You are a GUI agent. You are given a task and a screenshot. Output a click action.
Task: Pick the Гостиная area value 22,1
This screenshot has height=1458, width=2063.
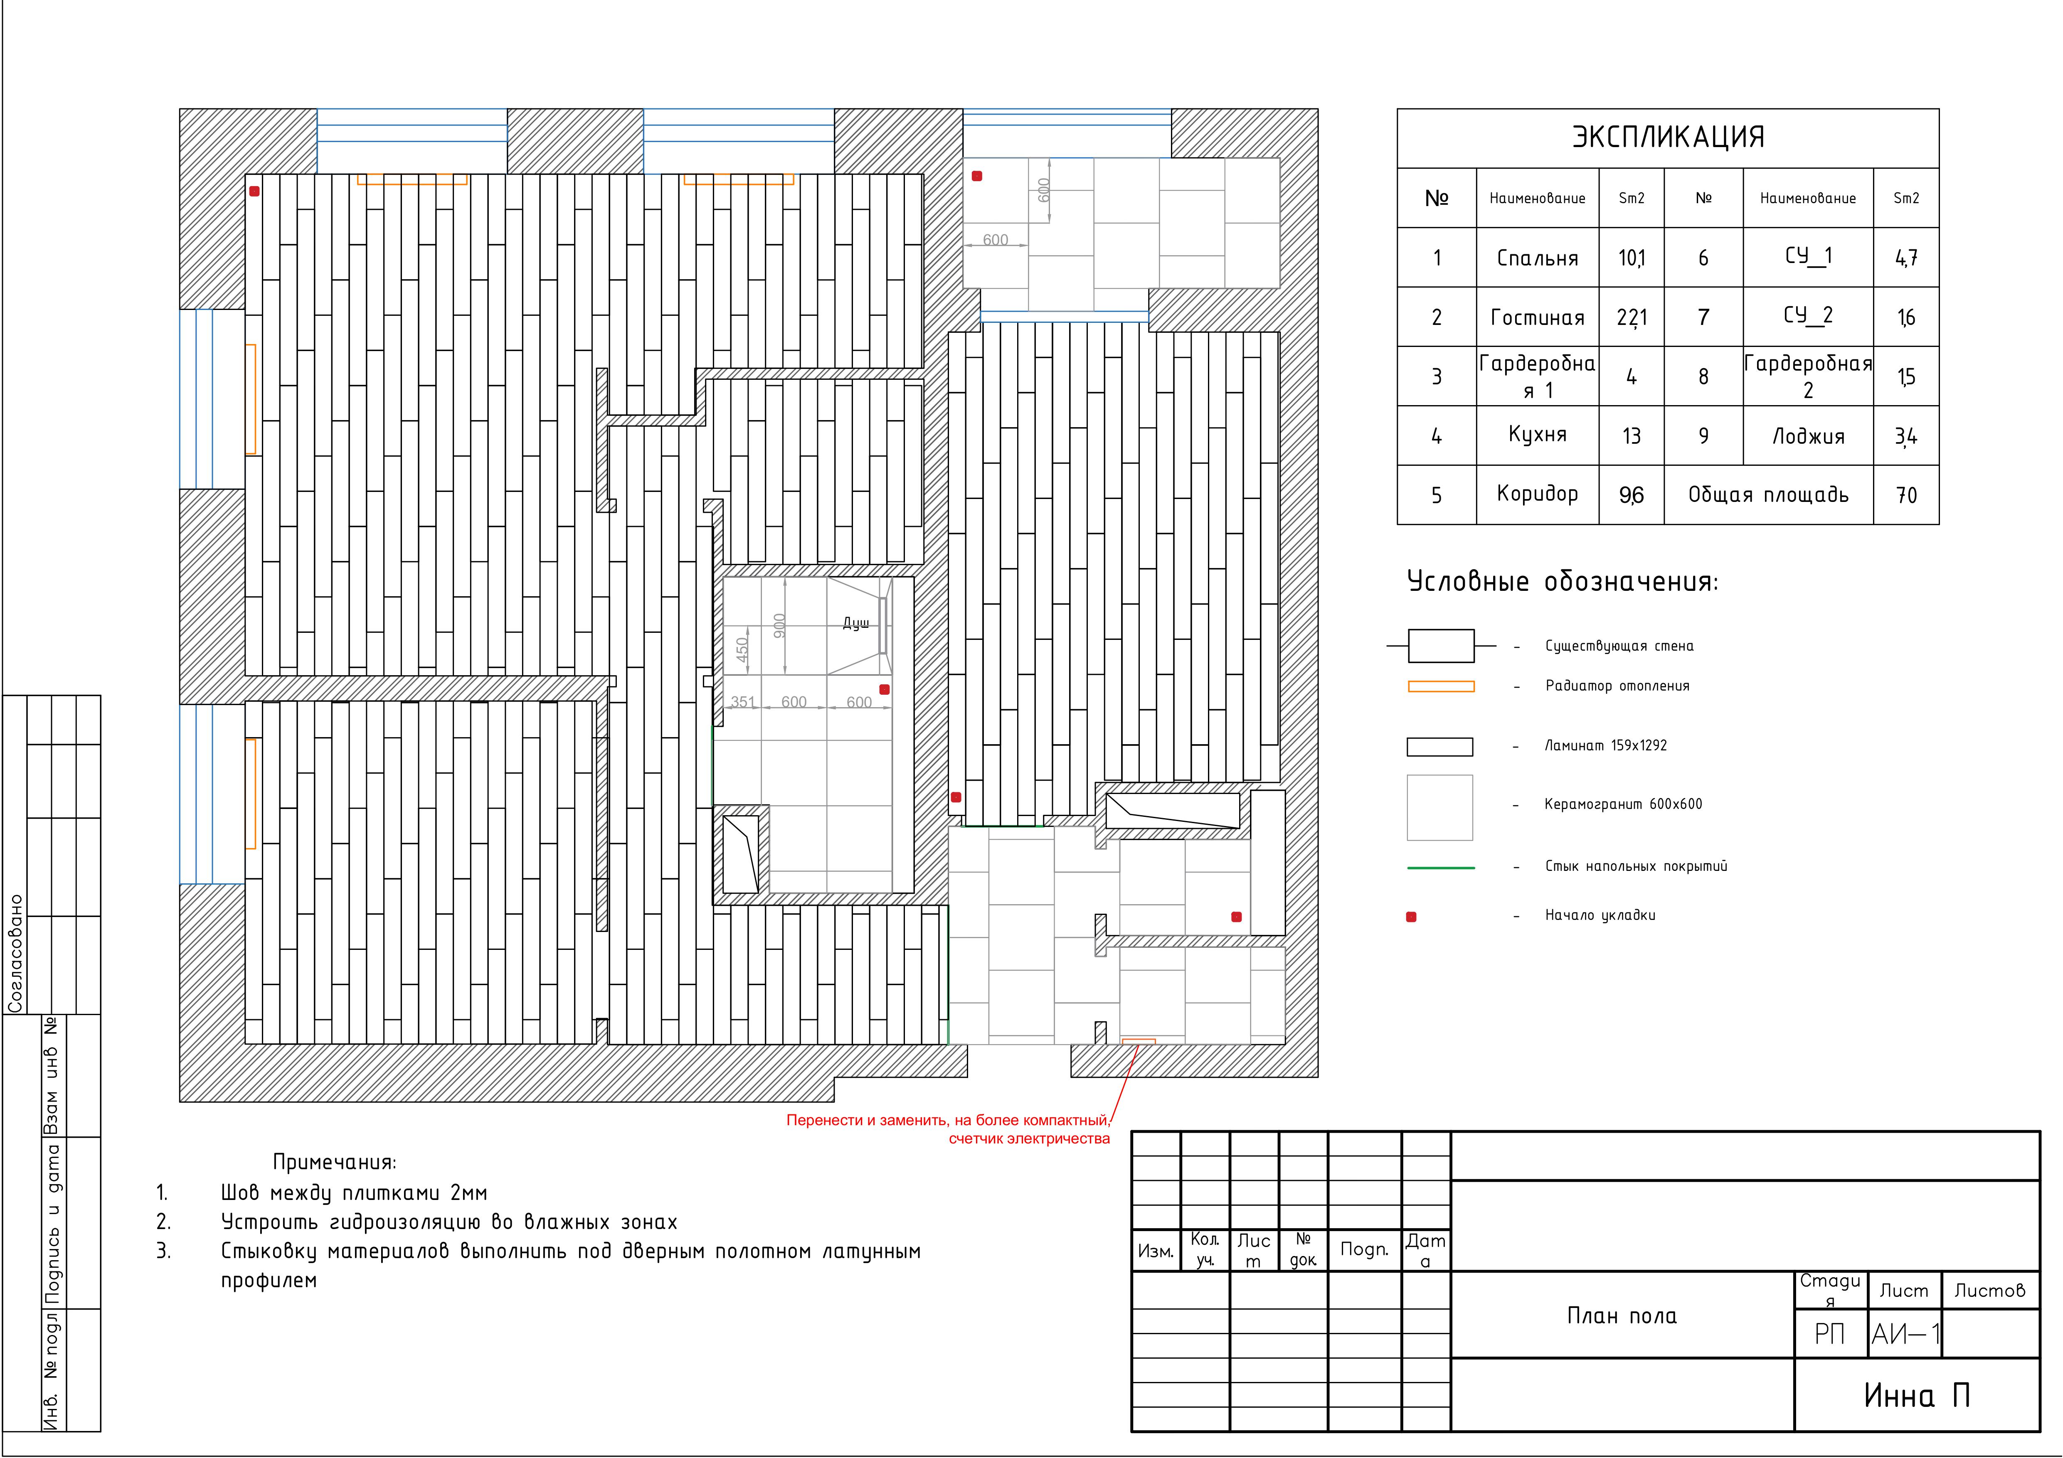click(x=1632, y=317)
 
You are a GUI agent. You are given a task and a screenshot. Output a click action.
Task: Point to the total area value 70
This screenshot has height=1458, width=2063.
click(x=1906, y=495)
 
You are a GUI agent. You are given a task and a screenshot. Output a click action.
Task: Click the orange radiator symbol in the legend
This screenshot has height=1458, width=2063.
click(x=1440, y=686)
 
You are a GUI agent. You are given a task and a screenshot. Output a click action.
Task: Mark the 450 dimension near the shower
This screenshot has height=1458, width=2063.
click(x=741, y=649)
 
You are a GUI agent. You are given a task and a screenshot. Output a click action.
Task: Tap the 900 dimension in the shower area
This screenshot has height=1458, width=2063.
click(x=779, y=625)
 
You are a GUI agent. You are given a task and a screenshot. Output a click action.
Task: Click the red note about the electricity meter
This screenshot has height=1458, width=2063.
click(x=948, y=1129)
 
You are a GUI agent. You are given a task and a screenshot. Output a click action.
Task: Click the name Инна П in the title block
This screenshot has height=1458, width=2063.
click(x=1917, y=1395)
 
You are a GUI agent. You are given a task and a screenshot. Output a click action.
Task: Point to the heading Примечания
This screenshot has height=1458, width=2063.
click(x=334, y=1163)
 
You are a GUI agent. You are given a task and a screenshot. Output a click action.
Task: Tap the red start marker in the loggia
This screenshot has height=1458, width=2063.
click(x=977, y=176)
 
